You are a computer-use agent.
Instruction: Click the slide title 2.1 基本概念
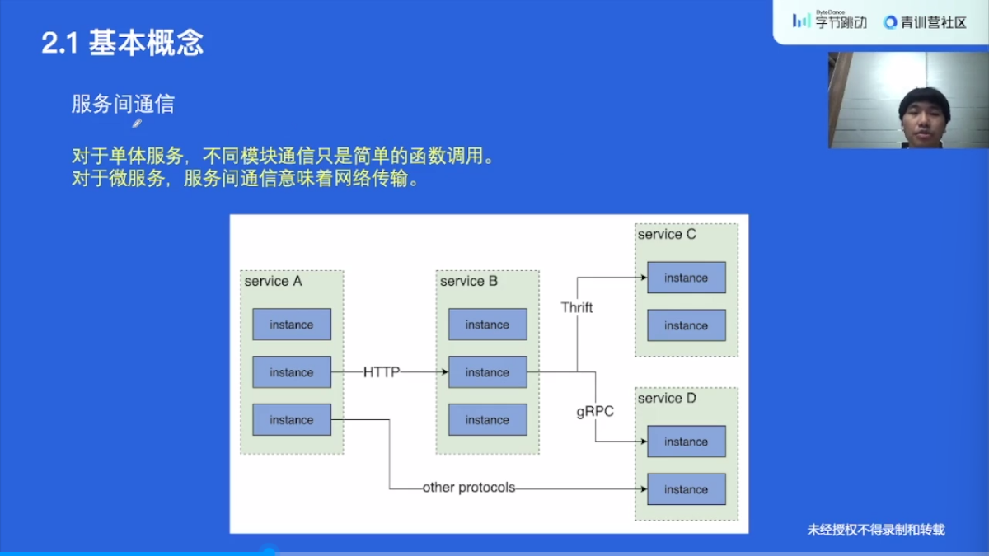pyautogui.click(x=122, y=43)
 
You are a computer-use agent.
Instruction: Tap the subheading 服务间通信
pyautogui.click(x=123, y=104)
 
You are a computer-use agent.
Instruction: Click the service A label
pyautogui.click(x=273, y=281)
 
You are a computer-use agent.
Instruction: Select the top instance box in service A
pyautogui.click(x=292, y=325)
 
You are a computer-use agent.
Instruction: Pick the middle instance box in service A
pyautogui.click(x=292, y=372)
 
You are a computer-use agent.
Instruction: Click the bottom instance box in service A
pyautogui.click(x=292, y=420)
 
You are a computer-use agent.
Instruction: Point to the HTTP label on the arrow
pyautogui.click(x=382, y=372)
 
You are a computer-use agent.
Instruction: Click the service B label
pyautogui.click(x=469, y=281)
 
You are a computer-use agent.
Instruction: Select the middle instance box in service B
pyautogui.click(x=487, y=372)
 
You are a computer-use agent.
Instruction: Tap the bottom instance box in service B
pyautogui.click(x=487, y=420)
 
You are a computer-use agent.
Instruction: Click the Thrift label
pyautogui.click(x=577, y=307)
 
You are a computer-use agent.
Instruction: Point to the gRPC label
pyautogui.click(x=595, y=411)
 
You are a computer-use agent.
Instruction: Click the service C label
pyautogui.click(x=667, y=234)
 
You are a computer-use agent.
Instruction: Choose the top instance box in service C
pyautogui.click(x=687, y=278)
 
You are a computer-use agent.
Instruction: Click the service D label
pyautogui.click(x=667, y=398)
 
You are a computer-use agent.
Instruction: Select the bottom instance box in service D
pyautogui.click(x=687, y=489)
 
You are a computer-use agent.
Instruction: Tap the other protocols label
pyautogui.click(x=469, y=488)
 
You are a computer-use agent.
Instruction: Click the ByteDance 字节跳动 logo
pyautogui.click(x=830, y=21)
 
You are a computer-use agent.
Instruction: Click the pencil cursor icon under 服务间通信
pyautogui.click(x=137, y=124)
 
